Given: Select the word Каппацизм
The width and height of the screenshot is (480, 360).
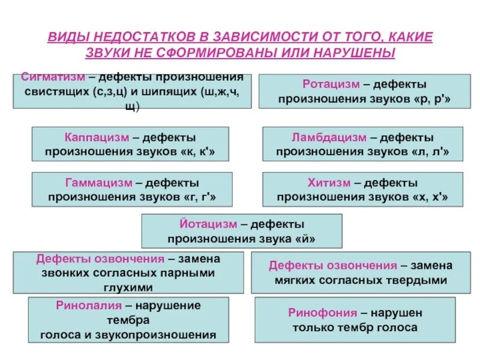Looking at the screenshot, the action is point(94,137).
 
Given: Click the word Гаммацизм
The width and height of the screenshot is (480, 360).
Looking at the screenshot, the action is point(98,182).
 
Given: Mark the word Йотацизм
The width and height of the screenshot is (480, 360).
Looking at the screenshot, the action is point(208,224).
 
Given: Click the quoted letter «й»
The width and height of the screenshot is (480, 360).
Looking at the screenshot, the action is point(304,239).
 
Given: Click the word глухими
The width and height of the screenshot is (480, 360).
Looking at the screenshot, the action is point(128,287).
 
